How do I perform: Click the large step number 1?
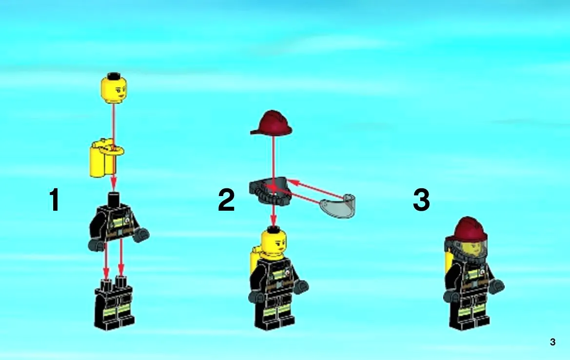click(x=55, y=200)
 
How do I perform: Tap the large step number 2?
click(x=226, y=200)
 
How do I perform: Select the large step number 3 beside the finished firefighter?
click(x=422, y=200)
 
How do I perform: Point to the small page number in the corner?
click(x=552, y=342)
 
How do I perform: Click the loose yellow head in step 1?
click(x=114, y=88)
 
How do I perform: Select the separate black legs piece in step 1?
click(x=114, y=303)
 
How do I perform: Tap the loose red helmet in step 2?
click(x=271, y=123)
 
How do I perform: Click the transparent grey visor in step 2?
click(x=338, y=206)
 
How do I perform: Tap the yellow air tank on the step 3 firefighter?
click(x=448, y=262)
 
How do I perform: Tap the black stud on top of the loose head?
click(x=114, y=76)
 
